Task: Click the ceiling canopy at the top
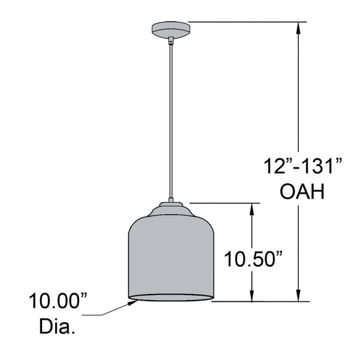coord(171,29)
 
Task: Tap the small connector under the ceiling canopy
coord(171,41)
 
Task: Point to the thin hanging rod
coord(171,121)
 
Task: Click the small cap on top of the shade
coord(171,204)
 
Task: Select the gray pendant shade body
coord(171,257)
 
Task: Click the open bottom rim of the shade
coord(171,298)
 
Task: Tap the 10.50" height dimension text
coord(253,259)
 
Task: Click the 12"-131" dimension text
coord(303,166)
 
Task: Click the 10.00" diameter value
coord(58,301)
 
